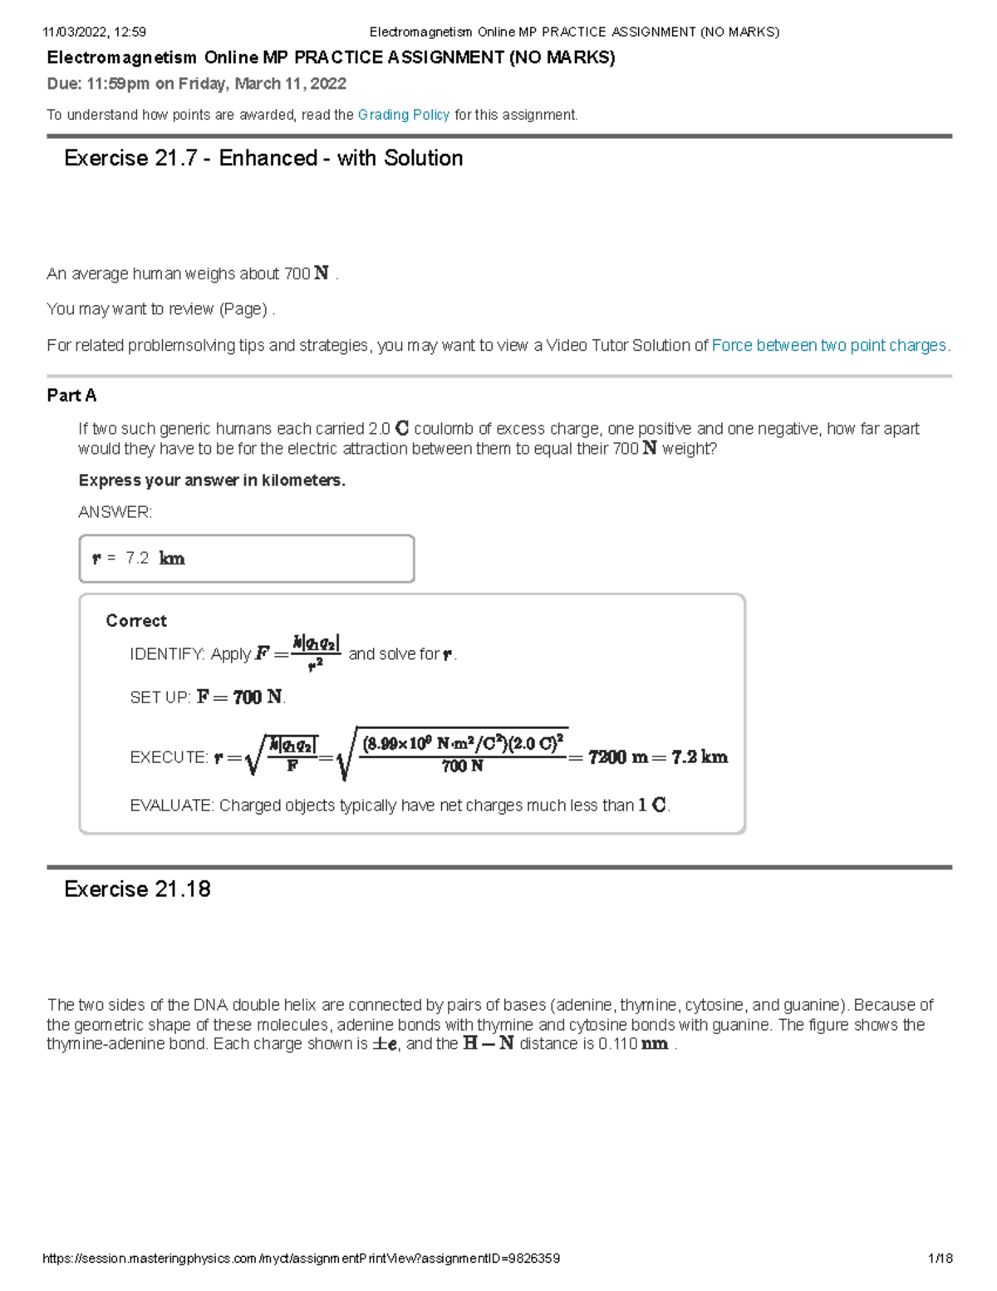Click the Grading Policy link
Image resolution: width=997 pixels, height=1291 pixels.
click(x=404, y=115)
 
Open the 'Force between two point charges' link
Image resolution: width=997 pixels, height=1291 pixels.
click(x=828, y=345)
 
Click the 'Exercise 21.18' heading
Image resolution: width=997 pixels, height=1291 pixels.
click(x=137, y=889)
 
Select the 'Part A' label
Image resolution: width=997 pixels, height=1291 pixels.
click(x=71, y=396)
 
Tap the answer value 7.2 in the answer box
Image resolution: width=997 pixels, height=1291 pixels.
click(x=137, y=559)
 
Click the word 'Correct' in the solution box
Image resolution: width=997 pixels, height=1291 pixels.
click(x=136, y=621)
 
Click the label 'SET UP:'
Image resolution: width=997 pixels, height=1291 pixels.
click(x=160, y=697)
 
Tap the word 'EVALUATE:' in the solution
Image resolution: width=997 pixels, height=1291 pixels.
click(x=172, y=806)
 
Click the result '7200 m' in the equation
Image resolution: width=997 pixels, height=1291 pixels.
click(x=618, y=757)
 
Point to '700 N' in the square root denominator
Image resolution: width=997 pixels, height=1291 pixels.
click(x=462, y=766)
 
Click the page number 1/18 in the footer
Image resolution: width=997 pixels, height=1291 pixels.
click(x=940, y=1259)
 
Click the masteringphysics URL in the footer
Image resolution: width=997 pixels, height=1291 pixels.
click(x=301, y=1259)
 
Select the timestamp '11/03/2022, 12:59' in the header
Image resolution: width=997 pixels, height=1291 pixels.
click(x=94, y=32)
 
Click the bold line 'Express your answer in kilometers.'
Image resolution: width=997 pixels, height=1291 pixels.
click(x=212, y=480)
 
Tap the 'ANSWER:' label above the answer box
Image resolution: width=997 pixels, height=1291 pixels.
click(x=115, y=512)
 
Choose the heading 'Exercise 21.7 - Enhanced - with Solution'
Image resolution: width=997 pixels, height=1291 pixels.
click(x=263, y=158)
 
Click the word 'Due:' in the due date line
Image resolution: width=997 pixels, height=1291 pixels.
click(x=64, y=84)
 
